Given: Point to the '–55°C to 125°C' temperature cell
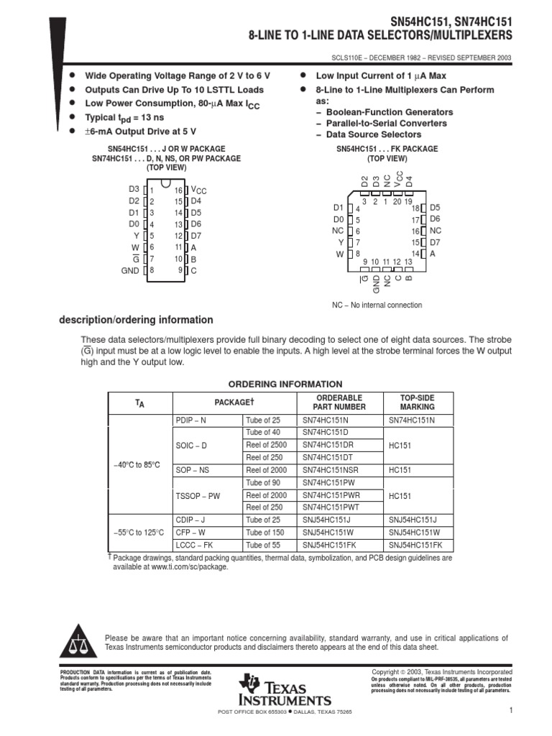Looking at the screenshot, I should (139, 533).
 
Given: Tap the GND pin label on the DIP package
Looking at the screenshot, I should (129, 271).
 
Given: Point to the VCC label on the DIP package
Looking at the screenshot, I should (198, 190).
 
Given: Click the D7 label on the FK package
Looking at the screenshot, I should (435, 242).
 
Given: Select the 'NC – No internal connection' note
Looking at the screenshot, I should (377, 305).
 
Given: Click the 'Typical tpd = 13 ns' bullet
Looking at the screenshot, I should (124, 116).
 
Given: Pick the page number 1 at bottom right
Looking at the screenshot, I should (508, 711).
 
